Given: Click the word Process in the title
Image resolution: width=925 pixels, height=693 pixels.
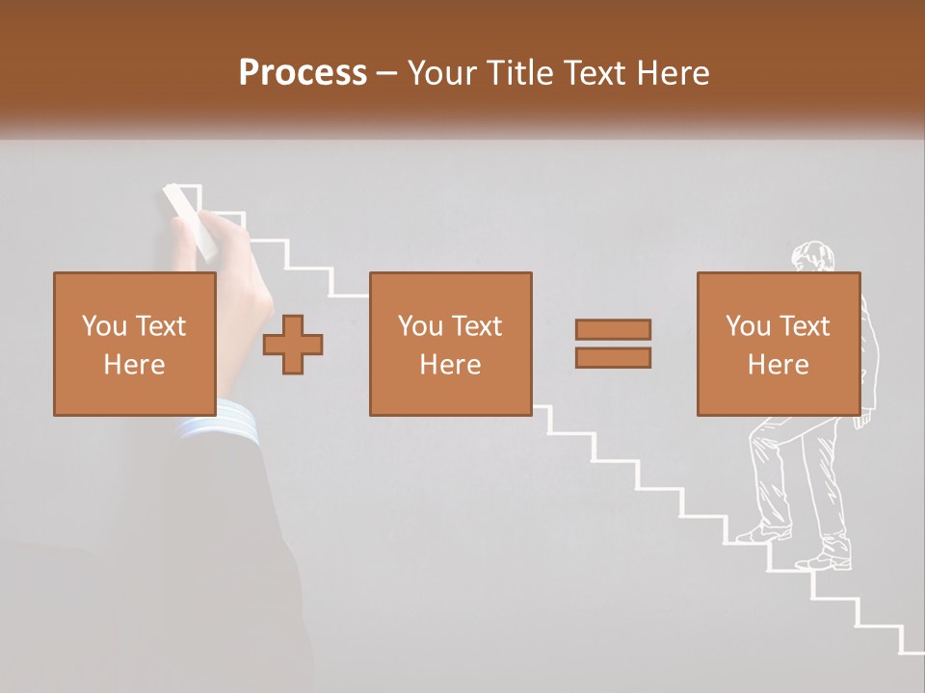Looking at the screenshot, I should click(303, 73).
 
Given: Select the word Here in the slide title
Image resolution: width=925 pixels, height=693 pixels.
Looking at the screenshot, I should click(673, 73).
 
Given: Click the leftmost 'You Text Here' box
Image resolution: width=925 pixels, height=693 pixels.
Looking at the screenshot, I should click(135, 345).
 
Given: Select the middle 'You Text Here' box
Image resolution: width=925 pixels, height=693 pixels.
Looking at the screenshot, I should click(450, 345).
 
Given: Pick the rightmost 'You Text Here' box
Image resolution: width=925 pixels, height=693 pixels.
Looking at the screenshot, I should click(779, 345).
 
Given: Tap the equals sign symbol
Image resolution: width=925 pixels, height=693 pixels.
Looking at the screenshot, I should click(613, 344).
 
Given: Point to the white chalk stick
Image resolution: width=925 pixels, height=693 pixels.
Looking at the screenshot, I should click(190, 222).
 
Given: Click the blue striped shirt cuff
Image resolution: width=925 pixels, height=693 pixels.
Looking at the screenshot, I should click(220, 423).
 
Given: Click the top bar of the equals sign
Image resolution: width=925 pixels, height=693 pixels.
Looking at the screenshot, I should click(613, 329).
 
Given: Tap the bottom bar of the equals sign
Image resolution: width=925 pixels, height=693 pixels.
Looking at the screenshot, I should click(613, 358).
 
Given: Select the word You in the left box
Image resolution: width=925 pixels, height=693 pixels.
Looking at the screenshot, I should click(103, 326).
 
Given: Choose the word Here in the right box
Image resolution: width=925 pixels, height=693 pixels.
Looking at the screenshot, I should click(779, 365).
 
